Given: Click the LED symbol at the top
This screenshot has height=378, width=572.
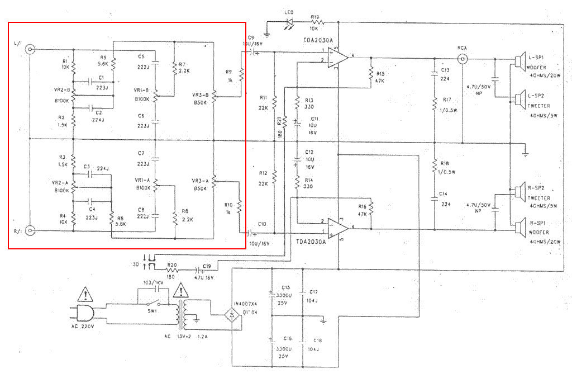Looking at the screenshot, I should (x=289, y=23).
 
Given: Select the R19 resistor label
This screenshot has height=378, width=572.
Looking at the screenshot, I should (x=315, y=17).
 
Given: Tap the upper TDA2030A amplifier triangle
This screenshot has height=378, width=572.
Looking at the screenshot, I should (x=337, y=57).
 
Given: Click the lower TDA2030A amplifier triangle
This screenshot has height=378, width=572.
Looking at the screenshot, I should (x=337, y=226).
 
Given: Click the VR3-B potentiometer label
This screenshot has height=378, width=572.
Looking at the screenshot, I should (x=200, y=94).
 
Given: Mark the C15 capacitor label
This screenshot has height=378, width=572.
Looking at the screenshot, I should (x=285, y=287).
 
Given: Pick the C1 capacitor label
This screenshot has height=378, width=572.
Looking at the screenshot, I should (x=101, y=77).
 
